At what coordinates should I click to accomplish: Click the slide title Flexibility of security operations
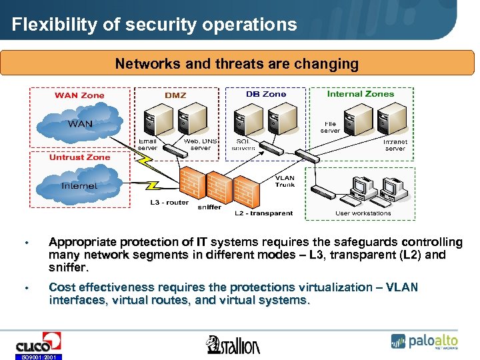[x=154, y=25]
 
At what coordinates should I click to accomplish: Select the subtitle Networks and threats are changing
[x=237, y=64]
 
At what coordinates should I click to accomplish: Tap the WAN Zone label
[x=79, y=95]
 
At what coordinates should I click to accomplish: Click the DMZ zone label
[x=175, y=95]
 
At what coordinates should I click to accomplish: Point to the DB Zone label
[x=266, y=94]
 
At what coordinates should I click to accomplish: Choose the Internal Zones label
[x=360, y=94]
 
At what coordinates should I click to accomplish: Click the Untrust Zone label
[x=79, y=157]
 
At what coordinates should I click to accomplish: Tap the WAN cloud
[x=80, y=124]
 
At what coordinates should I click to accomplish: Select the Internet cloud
[x=79, y=185]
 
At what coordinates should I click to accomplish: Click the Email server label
[x=147, y=145]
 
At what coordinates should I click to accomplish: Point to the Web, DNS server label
[x=200, y=145]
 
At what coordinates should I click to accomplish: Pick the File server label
[x=330, y=127]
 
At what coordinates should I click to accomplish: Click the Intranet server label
[x=395, y=145]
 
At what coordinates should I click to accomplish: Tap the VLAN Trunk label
[x=285, y=181]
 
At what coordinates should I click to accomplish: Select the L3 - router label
[x=169, y=202]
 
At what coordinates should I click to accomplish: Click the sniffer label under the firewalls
[x=209, y=207]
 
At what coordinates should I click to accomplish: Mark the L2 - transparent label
[x=263, y=213]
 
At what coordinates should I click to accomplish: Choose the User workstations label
[x=363, y=213]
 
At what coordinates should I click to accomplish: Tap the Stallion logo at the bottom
[x=233, y=344]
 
